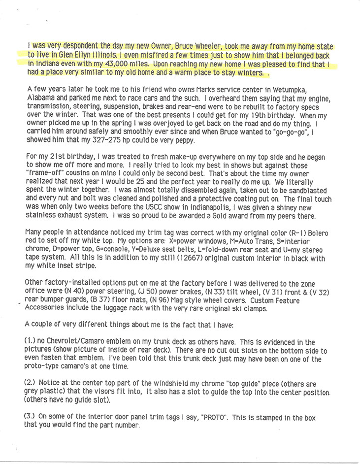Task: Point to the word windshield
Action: click(x=158, y=383)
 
